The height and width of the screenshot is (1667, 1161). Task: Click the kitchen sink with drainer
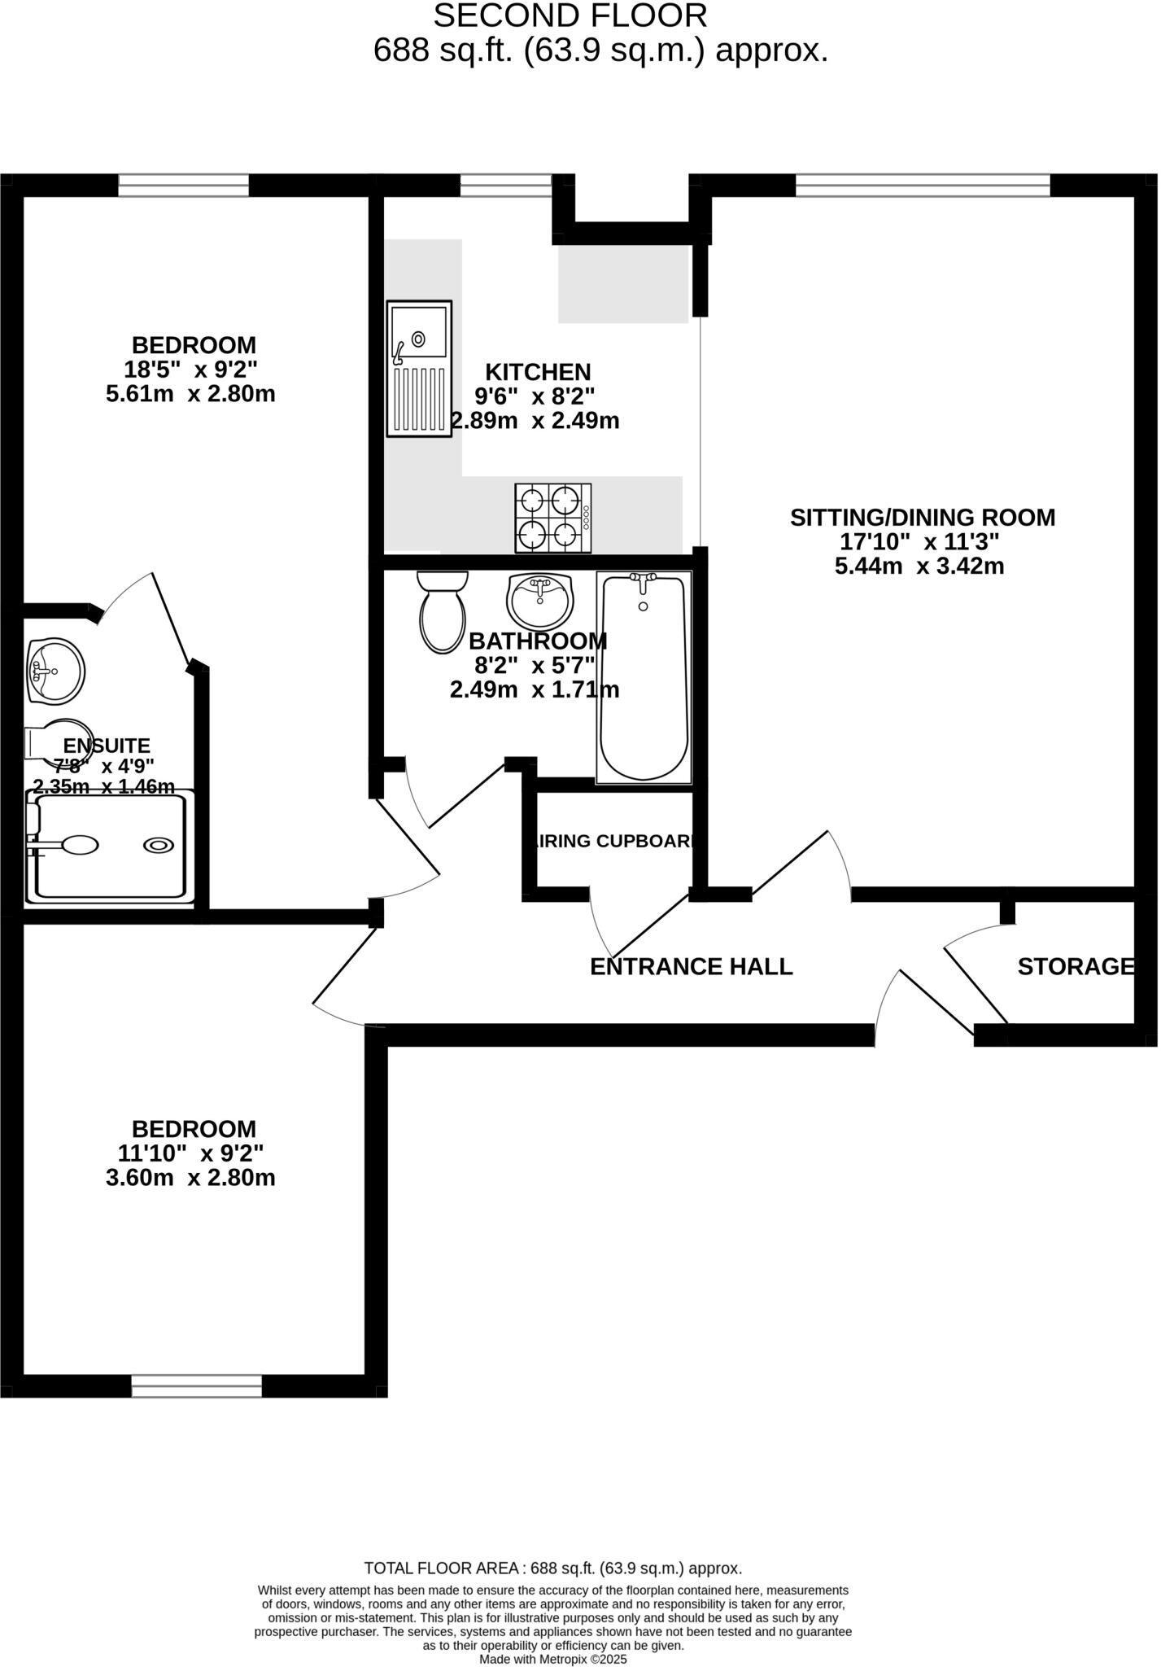pyautogui.click(x=420, y=368)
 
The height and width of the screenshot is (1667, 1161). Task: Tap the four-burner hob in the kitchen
pyautogui.click(x=554, y=518)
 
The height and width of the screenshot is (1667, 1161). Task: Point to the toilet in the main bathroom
pyautogui.click(x=443, y=612)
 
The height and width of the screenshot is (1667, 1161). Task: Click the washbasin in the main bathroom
pyautogui.click(x=540, y=601)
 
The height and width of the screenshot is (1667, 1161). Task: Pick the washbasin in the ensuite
pyautogui.click(x=55, y=671)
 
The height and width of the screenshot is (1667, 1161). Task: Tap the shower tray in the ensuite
pyautogui.click(x=111, y=848)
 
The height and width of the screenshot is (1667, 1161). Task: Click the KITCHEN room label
pyautogui.click(x=538, y=372)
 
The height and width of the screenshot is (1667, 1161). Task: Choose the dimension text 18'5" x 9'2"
pyautogui.click(x=194, y=370)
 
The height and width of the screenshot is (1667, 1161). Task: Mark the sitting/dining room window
pyautogui.click(x=923, y=186)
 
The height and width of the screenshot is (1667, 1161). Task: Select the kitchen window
pyautogui.click(x=505, y=186)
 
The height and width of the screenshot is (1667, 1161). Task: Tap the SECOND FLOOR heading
pyautogui.click(x=570, y=16)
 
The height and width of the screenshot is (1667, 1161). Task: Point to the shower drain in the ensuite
pyautogui.click(x=159, y=846)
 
